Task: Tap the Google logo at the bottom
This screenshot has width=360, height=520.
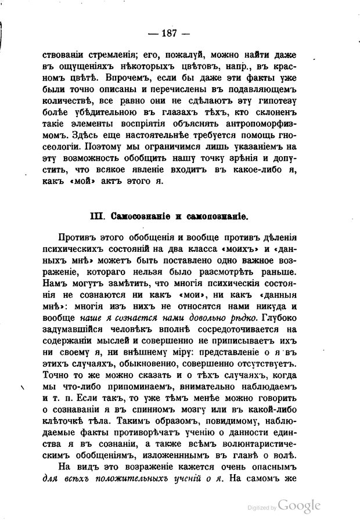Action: click(x=299, y=504)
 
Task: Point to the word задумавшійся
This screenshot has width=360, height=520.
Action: click(x=73, y=331)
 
